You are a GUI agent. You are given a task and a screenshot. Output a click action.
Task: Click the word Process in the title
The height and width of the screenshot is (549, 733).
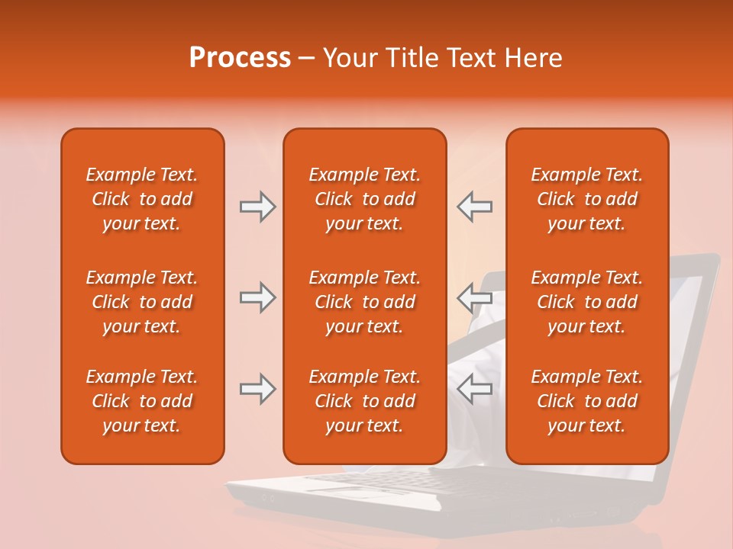point(240,58)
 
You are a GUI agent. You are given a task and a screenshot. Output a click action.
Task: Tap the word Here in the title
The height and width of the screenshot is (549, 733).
point(531,58)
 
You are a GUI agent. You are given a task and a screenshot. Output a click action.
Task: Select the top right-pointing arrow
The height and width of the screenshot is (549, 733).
point(258,207)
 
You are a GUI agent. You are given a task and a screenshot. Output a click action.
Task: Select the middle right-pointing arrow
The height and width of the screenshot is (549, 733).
point(258,297)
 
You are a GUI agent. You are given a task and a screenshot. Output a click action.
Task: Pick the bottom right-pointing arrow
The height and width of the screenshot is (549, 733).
point(258,389)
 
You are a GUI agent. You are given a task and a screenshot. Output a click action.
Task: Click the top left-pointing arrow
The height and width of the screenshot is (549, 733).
point(474,207)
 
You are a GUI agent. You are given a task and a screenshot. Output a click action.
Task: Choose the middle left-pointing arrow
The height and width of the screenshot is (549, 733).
point(474,297)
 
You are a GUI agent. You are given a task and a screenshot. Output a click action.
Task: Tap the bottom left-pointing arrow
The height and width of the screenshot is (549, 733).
point(474,389)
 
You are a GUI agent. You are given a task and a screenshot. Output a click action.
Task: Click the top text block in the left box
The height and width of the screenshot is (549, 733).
point(142,199)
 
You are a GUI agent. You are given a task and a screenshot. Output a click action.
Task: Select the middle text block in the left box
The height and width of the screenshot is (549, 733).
point(142,302)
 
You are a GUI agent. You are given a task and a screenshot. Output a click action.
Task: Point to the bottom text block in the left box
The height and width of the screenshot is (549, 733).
point(142,401)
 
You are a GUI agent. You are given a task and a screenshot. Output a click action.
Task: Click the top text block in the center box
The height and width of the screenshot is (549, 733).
point(364,199)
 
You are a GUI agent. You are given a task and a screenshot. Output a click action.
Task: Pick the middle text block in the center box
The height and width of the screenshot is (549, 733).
point(364,302)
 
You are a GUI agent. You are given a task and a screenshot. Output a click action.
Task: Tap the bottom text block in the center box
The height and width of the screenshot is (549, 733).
point(364,401)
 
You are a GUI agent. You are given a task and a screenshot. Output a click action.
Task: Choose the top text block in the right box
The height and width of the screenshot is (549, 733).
point(586,199)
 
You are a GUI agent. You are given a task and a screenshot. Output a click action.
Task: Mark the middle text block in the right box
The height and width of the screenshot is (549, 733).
point(586,302)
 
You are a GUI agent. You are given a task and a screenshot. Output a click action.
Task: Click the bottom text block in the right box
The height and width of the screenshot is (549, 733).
point(586,401)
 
